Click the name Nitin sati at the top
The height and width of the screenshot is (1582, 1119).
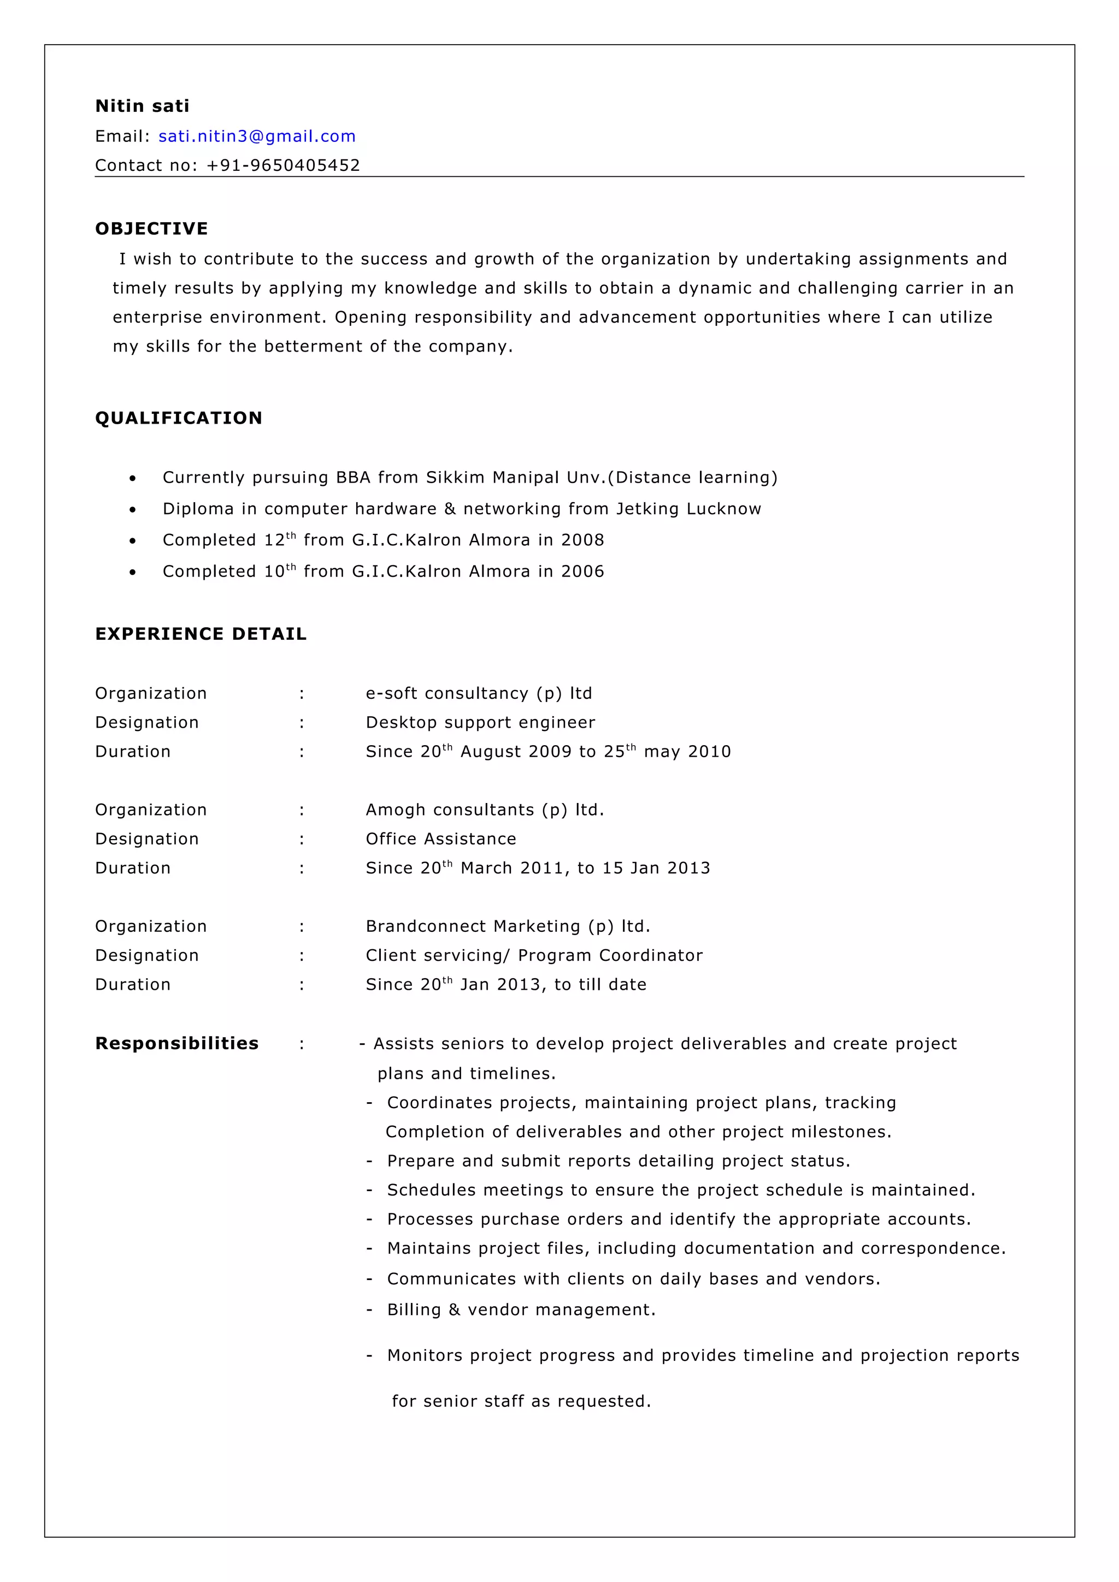click(x=142, y=105)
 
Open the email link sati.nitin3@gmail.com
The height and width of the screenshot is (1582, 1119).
click(x=256, y=136)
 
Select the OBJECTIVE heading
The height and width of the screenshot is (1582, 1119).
click(x=151, y=229)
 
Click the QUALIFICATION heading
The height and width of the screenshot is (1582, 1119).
click(x=179, y=418)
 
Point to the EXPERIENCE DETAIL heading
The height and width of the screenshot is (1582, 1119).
click(x=201, y=634)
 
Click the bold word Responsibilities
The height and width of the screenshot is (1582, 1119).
click(x=176, y=1043)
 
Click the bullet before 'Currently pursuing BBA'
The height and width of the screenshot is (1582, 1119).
click(x=132, y=478)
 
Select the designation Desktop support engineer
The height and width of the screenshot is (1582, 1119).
click(x=480, y=722)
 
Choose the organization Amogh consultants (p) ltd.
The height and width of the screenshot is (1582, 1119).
click(x=485, y=810)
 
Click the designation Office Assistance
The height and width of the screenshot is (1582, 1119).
click(x=440, y=838)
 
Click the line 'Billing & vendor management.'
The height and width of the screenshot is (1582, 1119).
click(x=521, y=1309)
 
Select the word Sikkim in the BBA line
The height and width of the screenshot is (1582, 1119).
click(x=455, y=478)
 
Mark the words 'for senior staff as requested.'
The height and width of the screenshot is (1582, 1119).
click(x=521, y=1401)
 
